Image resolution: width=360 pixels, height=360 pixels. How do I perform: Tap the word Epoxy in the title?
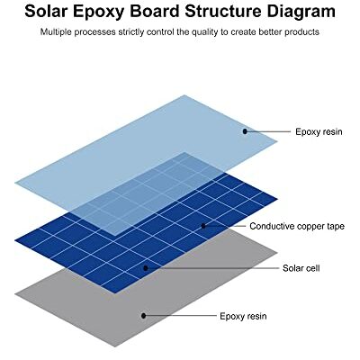point(96,13)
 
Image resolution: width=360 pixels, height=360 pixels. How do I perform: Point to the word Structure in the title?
point(223,12)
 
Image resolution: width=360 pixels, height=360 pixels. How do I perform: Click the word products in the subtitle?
point(301,32)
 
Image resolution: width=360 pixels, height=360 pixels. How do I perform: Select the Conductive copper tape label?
point(297,226)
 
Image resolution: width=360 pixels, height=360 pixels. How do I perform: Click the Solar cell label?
point(301,268)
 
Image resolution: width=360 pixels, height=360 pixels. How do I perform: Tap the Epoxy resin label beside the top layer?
point(319,132)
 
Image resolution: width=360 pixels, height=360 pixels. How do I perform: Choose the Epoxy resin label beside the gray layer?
point(243,317)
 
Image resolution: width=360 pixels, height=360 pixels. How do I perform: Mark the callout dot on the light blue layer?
point(245,131)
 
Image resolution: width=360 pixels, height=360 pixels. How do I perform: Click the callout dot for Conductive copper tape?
point(203,226)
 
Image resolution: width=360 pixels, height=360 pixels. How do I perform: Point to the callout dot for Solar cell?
point(146,268)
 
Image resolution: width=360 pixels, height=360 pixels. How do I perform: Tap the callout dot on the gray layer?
point(144,316)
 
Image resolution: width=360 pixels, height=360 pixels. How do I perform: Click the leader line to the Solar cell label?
point(213,268)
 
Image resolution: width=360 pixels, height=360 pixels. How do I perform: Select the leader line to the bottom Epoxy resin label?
point(181,316)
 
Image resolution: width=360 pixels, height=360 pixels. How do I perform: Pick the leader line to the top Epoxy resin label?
point(269,131)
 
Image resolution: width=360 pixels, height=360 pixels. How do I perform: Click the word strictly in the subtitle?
point(131,32)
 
